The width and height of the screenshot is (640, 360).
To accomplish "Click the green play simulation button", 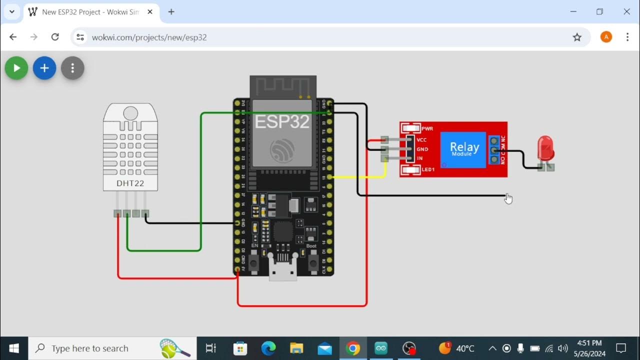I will pyautogui.click(x=16, y=68).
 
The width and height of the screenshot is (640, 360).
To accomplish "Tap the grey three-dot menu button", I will pyautogui.click(x=72, y=68).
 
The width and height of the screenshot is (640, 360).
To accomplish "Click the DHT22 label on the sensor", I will pyautogui.click(x=130, y=183).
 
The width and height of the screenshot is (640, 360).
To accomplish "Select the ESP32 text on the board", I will pyautogui.click(x=282, y=121).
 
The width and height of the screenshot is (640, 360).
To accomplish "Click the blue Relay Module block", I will pyautogui.click(x=463, y=149).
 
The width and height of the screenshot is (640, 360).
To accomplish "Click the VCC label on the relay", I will pyautogui.click(x=421, y=140).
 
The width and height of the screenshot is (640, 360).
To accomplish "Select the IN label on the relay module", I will pyautogui.click(x=419, y=158).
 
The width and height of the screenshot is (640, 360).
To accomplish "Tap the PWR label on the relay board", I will pyautogui.click(x=427, y=128).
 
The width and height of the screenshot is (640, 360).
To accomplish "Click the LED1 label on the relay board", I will pyautogui.click(x=427, y=170).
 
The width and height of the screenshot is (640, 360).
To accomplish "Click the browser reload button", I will pyautogui.click(x=55, y=37).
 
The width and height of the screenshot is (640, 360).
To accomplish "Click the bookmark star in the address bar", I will pyautogui.click(x=577, y=37).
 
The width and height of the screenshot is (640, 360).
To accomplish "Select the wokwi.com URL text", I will pyautogui.click(x=149, y=37).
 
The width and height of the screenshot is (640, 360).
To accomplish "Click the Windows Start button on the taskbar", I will pyautogui.click(x=14, y=348).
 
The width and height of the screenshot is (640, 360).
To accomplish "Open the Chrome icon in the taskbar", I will pyautogui.click(x=352, y=348).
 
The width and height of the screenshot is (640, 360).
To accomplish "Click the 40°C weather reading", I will pyautogui.click(x=464, y=348).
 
